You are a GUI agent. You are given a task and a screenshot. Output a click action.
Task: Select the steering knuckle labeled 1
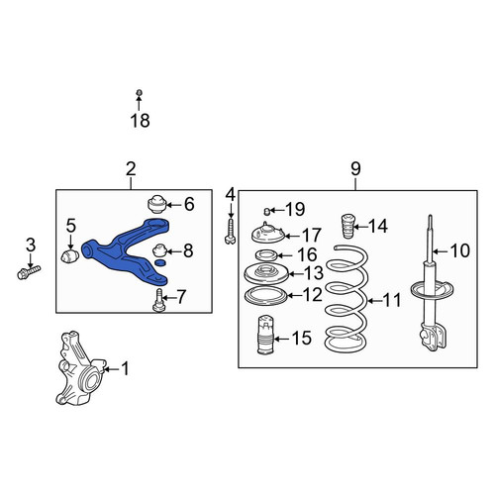[x=81, y=368]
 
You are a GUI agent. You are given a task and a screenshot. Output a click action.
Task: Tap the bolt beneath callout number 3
[x=29, y=272]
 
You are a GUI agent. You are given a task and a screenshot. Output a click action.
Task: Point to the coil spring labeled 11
[x=346, y=299]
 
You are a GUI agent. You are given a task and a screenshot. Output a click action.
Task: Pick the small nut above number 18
[x=139, y=93]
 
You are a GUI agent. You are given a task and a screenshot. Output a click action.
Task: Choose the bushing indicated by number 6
[x=156, y=205]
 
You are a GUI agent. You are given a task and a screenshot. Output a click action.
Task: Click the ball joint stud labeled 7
[x=159, y=300]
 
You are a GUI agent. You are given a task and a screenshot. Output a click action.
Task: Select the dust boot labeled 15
[x=265, y=336]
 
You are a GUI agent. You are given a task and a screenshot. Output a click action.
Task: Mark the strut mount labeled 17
[x=267, y=233]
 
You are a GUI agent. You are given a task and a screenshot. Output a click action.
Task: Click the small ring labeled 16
[x=264, y=255]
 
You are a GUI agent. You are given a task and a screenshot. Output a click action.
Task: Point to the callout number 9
[x=355, y=169]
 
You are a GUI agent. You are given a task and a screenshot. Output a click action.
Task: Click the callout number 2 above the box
[x=131, y=169]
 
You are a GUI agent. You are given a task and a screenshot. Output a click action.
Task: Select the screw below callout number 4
[x=231, y=233]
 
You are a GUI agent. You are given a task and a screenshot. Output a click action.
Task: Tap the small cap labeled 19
[x=267, y=211]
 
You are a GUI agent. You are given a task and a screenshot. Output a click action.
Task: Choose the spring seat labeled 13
[x=266, y=273]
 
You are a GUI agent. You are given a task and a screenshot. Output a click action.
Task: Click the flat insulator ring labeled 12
[x=266, y=296]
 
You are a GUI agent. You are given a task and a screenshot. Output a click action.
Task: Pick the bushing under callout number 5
[x=70, y=256]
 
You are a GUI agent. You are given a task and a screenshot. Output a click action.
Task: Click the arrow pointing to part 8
[x=173, y=251]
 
